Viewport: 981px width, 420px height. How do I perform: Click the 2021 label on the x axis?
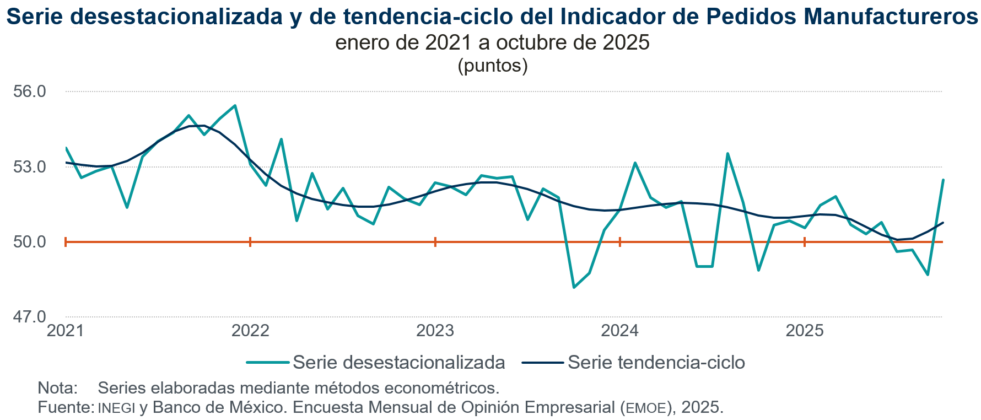[66, 331]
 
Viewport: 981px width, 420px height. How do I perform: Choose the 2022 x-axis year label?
[250, 331]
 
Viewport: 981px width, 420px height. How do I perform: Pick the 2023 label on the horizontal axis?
[435, 331]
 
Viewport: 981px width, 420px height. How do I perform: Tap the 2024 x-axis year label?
[620, 331]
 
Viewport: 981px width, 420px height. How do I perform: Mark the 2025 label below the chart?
[805, 331]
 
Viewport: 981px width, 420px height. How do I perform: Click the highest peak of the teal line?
[235, 105]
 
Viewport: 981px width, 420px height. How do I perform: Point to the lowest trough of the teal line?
[574, 287]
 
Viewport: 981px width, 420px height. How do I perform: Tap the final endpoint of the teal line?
[943, 180]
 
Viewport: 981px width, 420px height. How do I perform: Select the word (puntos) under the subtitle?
[493, 66]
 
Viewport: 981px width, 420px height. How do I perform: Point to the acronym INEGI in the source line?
[116, 408]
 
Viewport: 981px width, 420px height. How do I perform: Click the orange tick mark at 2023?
[435, 241]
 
